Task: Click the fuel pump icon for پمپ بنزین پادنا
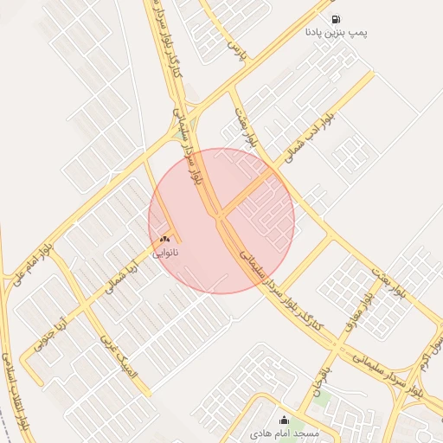click(335, 19)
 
